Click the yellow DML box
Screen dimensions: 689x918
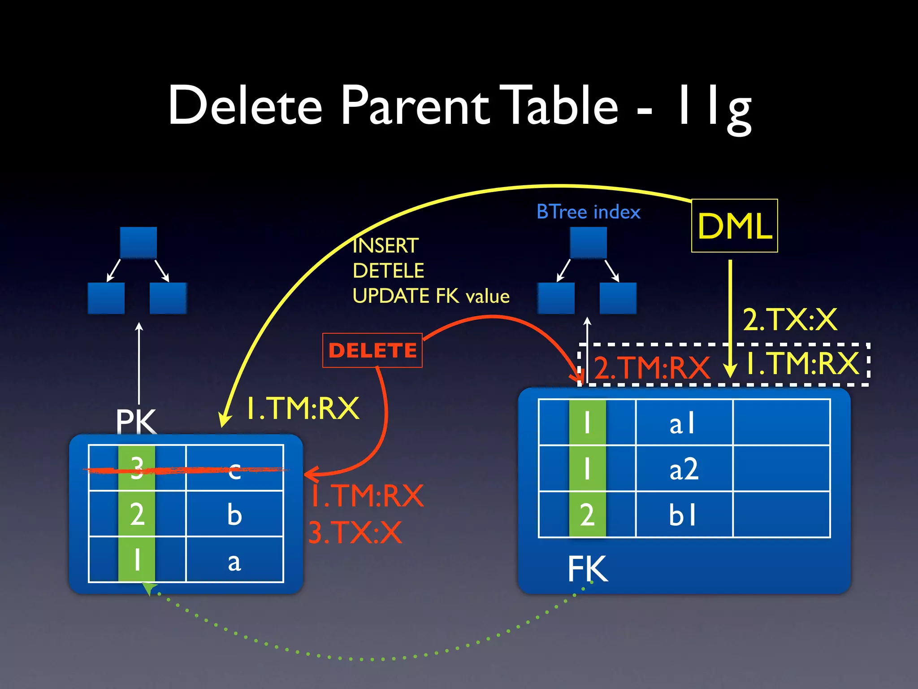[x=734, y=226]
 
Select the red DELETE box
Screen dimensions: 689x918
[x=372, y=350]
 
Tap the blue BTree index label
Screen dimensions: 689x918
[x=588, y=212]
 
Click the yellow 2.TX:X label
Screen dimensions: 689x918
[x=790, y=320]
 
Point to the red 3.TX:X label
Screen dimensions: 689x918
[x=355, y=533]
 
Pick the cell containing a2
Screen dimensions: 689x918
[x=684, y=469]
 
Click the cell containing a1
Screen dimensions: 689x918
[x=684, y=423]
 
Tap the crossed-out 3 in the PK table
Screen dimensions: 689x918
[x=137, y=468]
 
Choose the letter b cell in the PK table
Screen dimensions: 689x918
[x=234, y=514]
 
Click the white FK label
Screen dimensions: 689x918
[x=588, y=569]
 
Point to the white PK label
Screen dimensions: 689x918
[x=136, y=421]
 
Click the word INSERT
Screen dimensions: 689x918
[x=385, y=246]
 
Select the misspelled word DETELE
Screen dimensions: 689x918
[x=388, y=271]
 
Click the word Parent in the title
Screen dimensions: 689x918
[x=415, y=106]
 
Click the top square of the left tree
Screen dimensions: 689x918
[x=139, y=243]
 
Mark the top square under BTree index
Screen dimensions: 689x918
[x=588, y=243]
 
